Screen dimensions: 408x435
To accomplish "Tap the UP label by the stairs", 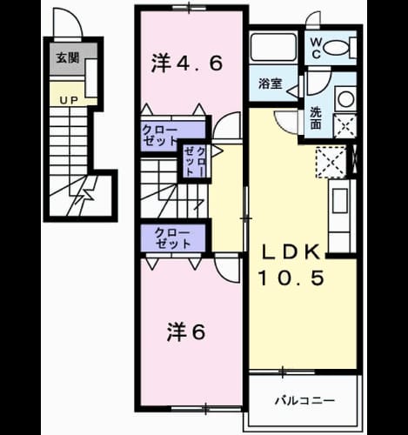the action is coord(69,100).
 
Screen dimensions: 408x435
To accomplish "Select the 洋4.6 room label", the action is coord(187,64).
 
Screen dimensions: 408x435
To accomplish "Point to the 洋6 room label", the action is coord(186,332).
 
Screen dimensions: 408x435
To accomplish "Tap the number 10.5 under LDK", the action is coord(291,278).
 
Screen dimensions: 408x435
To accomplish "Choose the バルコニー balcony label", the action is coord(304,401).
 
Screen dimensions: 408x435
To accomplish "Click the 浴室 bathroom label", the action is coord(271,84).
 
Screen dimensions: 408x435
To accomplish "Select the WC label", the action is coord(316,49).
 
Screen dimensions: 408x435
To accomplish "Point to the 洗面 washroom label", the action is coord(316,118).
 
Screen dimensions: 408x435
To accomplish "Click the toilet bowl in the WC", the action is coord(337,47).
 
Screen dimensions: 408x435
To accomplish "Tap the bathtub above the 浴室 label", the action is coord(273,47).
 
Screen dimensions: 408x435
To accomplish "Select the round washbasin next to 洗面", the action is coord(345,98).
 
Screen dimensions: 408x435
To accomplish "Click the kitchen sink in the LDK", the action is coord(340,201).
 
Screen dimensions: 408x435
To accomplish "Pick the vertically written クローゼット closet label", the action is coord(196,162).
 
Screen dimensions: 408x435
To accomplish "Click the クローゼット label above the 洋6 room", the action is coord(173,238).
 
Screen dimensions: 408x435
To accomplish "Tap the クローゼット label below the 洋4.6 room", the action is coord(159,136).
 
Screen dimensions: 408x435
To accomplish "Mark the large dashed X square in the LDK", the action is coord(331,162).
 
